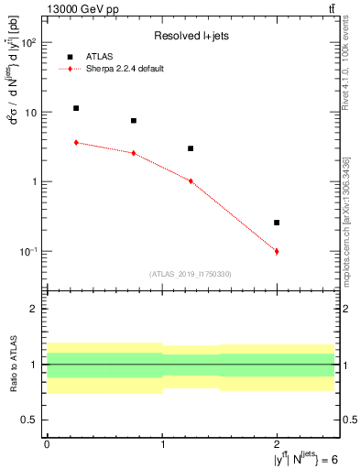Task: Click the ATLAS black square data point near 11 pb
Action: (76, 108)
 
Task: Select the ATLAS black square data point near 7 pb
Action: (134, 121)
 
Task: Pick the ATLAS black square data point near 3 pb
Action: (191, 148)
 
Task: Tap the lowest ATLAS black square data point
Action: (277, 223)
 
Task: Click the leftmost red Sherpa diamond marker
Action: (76, 142)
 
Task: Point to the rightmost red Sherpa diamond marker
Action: (277, 251)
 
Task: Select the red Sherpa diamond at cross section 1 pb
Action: (191, 181)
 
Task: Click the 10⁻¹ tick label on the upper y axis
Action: (29, 251)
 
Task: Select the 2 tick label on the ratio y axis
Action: (37, 309)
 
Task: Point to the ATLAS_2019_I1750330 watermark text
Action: (191, 274)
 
